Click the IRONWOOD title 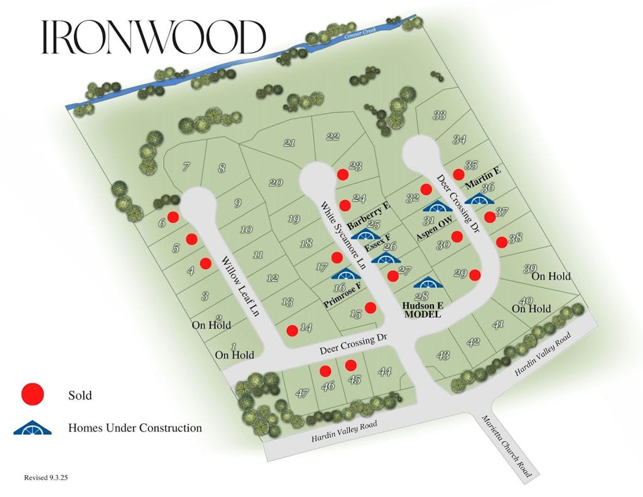(x=153, y=38)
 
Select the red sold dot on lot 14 (x=292, y=330)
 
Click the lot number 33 (x=440, y=115)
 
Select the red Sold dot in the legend (x=33, y=395)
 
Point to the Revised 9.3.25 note (x=46, y=478)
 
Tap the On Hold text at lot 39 (x=551, y=276)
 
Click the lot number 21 (x=289, y=143)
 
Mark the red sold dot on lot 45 (x=351, y=365)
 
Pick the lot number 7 (x=186, y=167)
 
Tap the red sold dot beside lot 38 (x=501, y=241)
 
